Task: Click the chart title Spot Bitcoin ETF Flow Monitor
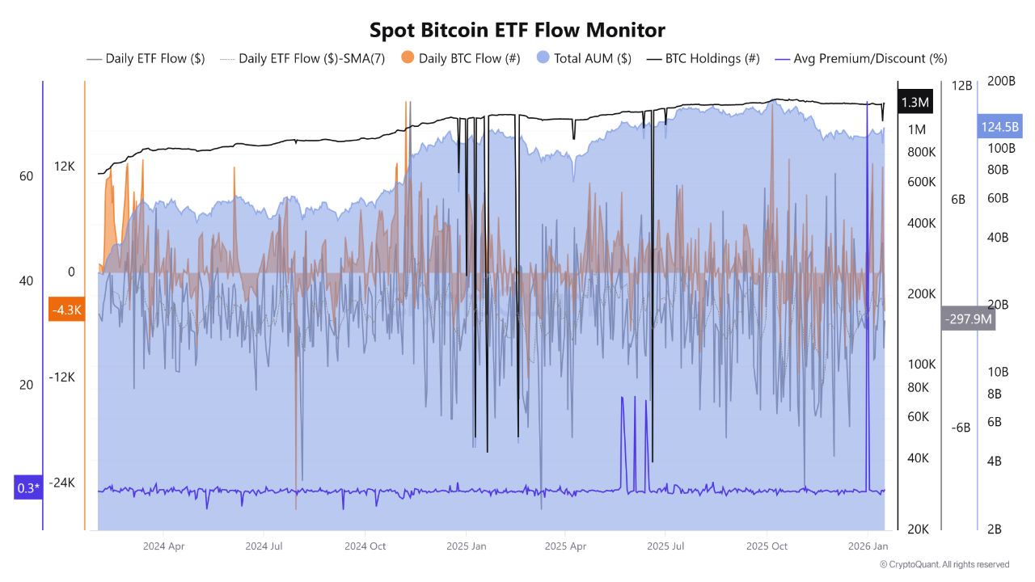(x=517, y=30)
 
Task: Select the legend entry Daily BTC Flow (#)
(x=461, y=58)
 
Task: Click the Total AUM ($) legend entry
(x=584, y=58)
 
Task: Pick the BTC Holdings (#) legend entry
(x=703, y=58)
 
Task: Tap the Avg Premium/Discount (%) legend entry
(x=861, y=58)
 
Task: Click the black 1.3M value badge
(x=915, y=103)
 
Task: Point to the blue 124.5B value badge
(x=999, y=127)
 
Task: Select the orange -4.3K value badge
(x=66, y=310)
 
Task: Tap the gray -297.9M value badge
(x=968, y=318)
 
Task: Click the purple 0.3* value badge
(x=27, y=487)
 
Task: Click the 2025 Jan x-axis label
(x=467, y=546)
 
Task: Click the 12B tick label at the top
(x=961, y=86)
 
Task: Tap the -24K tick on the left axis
(x=61, y=483)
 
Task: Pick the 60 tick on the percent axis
(x=26, y=176)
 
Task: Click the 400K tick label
(x=921, y=223)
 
